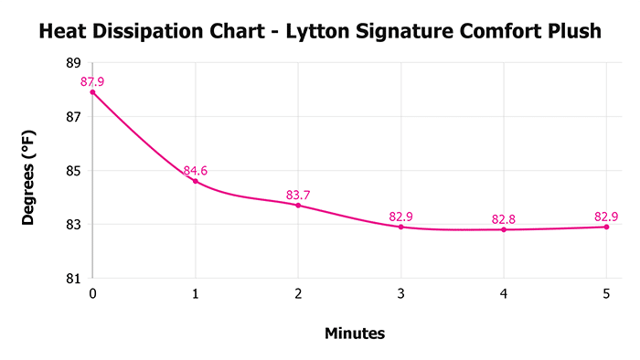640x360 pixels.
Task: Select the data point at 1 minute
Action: tap(196, 181)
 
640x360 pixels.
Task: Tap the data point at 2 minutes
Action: tap(298, 205)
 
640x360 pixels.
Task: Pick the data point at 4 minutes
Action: tap(504, 229)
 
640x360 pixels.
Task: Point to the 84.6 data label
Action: tap(196, 170)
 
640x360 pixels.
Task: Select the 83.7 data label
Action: tap(298, 194)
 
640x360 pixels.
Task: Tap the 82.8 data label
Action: tap(504, 218)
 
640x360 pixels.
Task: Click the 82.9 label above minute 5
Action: tap(606, 216)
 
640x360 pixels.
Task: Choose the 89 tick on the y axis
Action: tap(73, 63)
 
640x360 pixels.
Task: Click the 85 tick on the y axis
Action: tap(73, 171)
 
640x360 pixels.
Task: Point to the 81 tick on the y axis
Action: tap(73, 278)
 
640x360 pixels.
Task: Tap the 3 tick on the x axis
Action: tap(401, 294)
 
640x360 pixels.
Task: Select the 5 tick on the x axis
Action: tap(606, 294)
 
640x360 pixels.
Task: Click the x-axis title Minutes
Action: tap(355, 334)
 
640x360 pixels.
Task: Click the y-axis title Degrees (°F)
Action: tap(30, 171)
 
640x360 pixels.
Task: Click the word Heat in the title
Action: tap(61, 32)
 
